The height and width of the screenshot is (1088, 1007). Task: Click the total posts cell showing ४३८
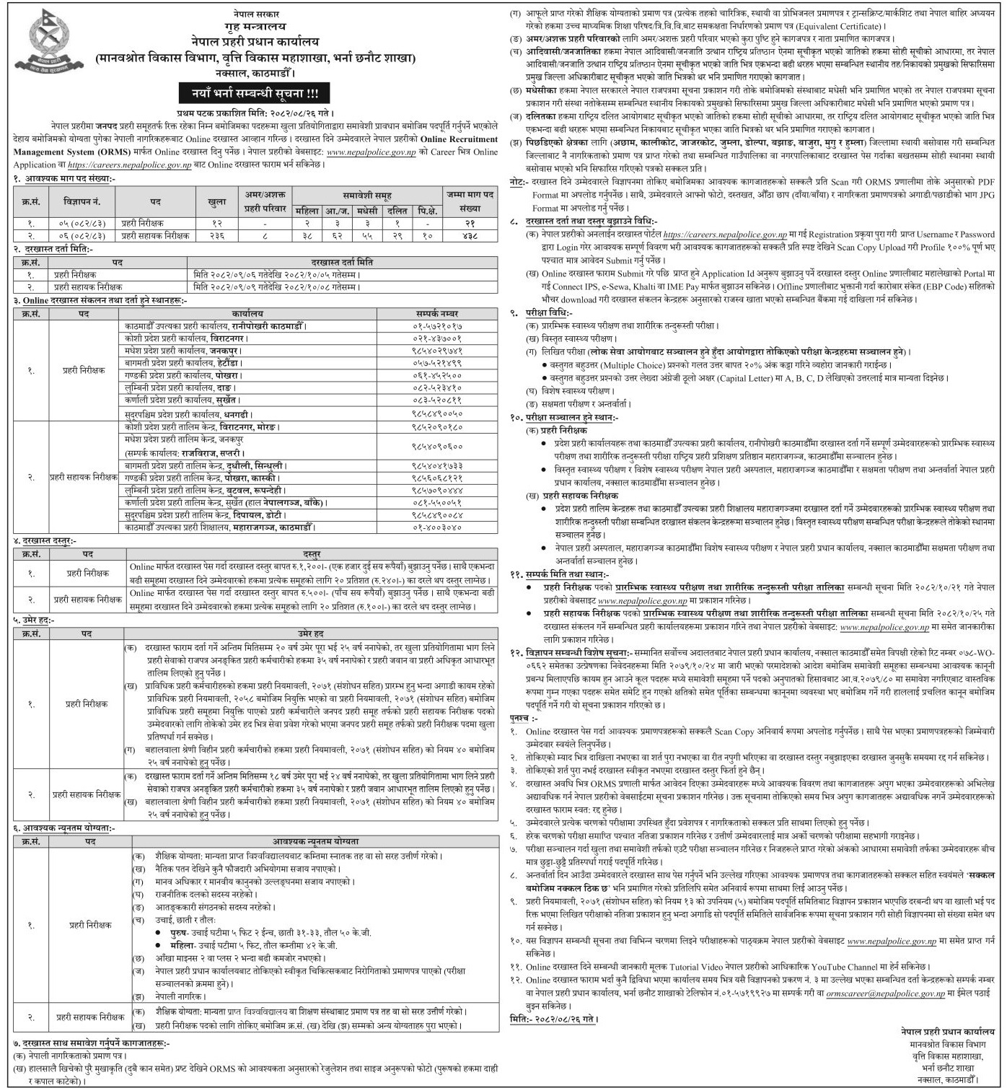[469, 235]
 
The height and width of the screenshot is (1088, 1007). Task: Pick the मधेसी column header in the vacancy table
[367, 211]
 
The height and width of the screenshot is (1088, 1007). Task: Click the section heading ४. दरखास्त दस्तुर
[45, 540]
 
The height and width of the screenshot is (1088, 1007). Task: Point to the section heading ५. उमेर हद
[40, 620]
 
